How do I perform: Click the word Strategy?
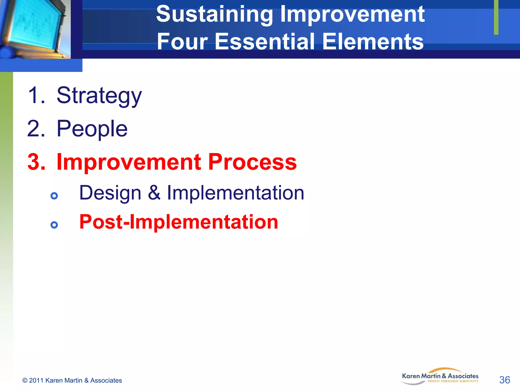tap(99, 96)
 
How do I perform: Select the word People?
tap(92, 129)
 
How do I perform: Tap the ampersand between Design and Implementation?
tap(154, 193)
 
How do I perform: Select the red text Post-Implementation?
tap(178, 222)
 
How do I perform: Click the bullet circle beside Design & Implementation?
tap(54, 196)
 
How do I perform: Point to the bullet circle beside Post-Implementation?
tap(54, 225)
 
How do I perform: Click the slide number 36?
tap(504, 380)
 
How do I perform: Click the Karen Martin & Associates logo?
tap(440, 377)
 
